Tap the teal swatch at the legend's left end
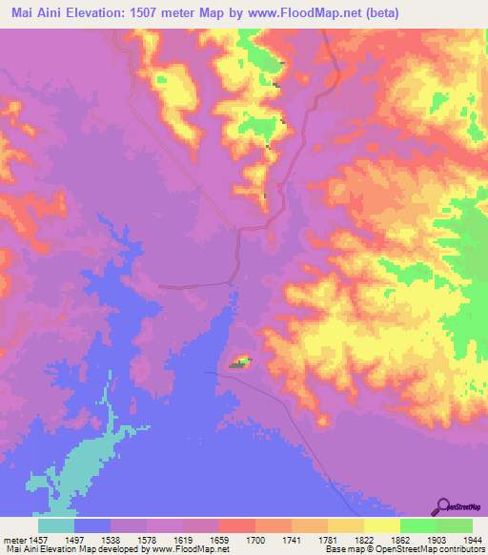56,525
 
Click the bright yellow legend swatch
381,525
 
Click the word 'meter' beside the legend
15,539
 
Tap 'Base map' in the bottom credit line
341,549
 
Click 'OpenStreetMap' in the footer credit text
399,549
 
